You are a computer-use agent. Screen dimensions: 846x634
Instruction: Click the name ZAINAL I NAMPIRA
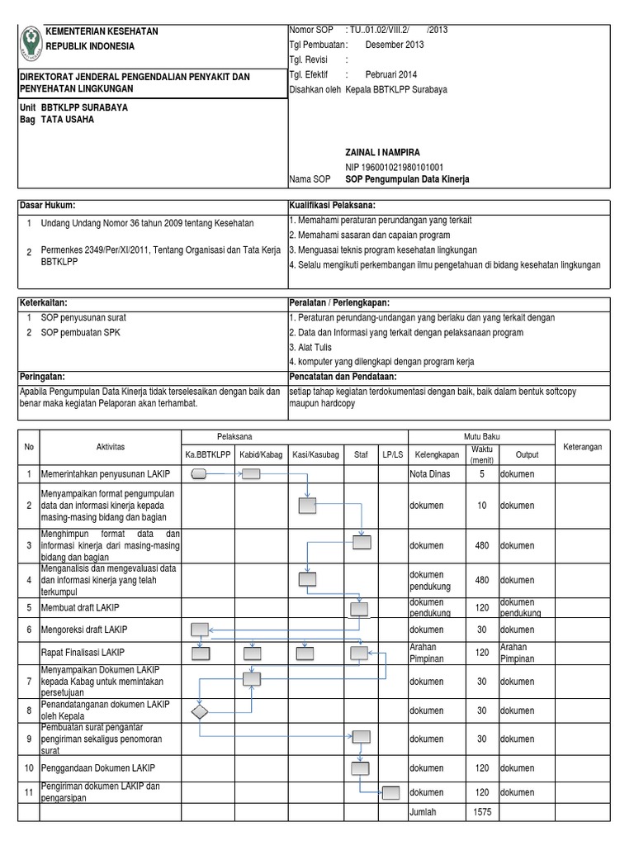(382, 153)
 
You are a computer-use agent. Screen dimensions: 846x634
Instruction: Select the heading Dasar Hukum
(50, 205)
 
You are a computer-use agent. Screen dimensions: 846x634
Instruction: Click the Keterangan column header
(582, 446)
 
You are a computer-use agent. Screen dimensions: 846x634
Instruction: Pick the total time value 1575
(481, 813)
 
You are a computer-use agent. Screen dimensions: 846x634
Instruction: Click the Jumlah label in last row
(425, 813)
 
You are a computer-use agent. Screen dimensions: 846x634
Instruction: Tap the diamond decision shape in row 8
(200, 711)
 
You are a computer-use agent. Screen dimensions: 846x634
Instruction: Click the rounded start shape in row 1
(199, 474)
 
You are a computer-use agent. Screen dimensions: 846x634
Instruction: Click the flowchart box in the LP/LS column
(391, 793)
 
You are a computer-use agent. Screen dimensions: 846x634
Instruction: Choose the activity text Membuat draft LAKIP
(79, 608)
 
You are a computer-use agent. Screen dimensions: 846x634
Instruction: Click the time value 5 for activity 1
(481, 474)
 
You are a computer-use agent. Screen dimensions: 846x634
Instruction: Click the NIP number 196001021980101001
(394, 166)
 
